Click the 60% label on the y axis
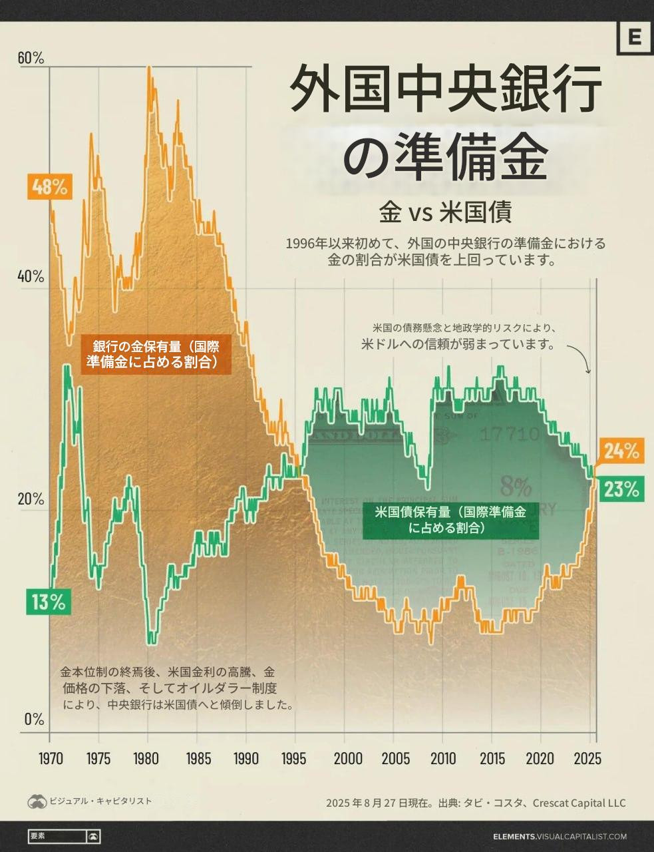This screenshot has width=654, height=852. [31, 59]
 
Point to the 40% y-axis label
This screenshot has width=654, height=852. [31, 276]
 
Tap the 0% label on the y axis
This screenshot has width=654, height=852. [34, 720]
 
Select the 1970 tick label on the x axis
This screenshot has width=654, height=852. [51, 759]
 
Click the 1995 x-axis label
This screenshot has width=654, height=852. [295, 759]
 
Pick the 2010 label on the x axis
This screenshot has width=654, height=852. [443, 759]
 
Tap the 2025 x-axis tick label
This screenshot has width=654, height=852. [587, 759]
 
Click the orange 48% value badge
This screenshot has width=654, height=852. [49, 187]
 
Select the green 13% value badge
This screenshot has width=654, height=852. [48, 602]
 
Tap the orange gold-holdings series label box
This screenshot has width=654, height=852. [156, 354]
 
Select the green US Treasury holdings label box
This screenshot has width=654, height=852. [450, 520]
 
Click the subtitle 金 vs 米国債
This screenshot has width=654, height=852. [444, 213]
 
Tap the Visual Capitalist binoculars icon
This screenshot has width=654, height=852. [37, 801]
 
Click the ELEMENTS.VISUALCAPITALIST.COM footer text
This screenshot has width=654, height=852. [560, 837]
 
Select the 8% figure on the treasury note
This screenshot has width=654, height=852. [516, 487]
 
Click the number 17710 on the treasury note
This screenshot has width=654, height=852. [510, 435]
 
